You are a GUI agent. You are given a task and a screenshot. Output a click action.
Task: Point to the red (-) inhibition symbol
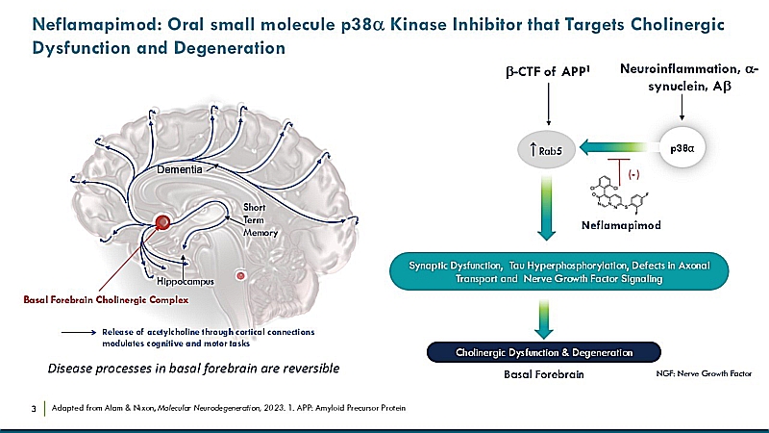[x=633, y=175]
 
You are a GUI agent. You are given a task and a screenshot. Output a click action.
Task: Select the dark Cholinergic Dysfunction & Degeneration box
[x=545, y=351]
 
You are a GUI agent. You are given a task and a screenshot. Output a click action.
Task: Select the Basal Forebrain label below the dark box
[x=544, y=373]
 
